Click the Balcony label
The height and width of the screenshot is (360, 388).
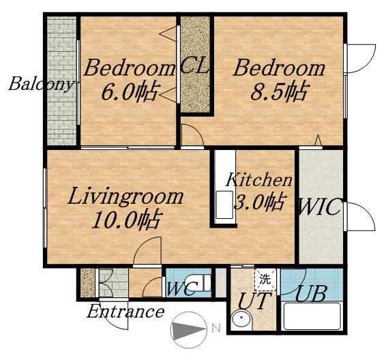click(42, 84)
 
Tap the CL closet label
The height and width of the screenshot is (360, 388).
click(194, 66)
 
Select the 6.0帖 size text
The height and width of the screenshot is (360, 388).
click(129, 92)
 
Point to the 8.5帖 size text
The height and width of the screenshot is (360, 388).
click(280, 91)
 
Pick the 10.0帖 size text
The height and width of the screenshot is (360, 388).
click(126, 220)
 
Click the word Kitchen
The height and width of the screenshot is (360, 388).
click(259, 180)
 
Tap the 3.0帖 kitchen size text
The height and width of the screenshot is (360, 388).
click(260, 202)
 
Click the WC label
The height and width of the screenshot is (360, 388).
click(182, 288)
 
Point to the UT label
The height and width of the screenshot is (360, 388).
click(252, 301)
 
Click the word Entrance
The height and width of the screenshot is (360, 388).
click(125, 312)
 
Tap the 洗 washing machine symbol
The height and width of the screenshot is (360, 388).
click(265, 280)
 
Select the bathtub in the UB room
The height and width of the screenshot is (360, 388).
click(312, 316)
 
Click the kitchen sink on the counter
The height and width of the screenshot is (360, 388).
click(224, 205)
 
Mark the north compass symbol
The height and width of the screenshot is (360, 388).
click(189, 329)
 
